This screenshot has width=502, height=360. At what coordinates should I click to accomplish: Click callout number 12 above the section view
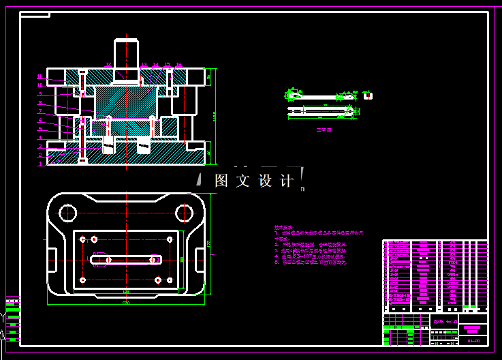click(108, 65)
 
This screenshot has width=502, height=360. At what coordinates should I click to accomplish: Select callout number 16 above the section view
click(178, 65)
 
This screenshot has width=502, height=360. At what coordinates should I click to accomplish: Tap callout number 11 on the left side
click(40, 77)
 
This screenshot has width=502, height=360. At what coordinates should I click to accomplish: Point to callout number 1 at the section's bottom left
click(40, 164)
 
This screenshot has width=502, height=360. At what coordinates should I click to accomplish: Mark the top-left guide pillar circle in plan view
click(67, 213)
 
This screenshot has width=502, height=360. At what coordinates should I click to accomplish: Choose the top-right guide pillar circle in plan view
click(185, 213)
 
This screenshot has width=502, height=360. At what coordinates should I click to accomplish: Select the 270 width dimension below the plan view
click(126, 303)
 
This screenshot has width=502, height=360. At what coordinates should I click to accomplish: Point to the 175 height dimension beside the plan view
click(210, 243)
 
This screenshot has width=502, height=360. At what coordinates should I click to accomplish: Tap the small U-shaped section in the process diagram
click(368, 95)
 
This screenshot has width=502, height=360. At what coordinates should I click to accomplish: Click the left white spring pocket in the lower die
click(108, 144)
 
